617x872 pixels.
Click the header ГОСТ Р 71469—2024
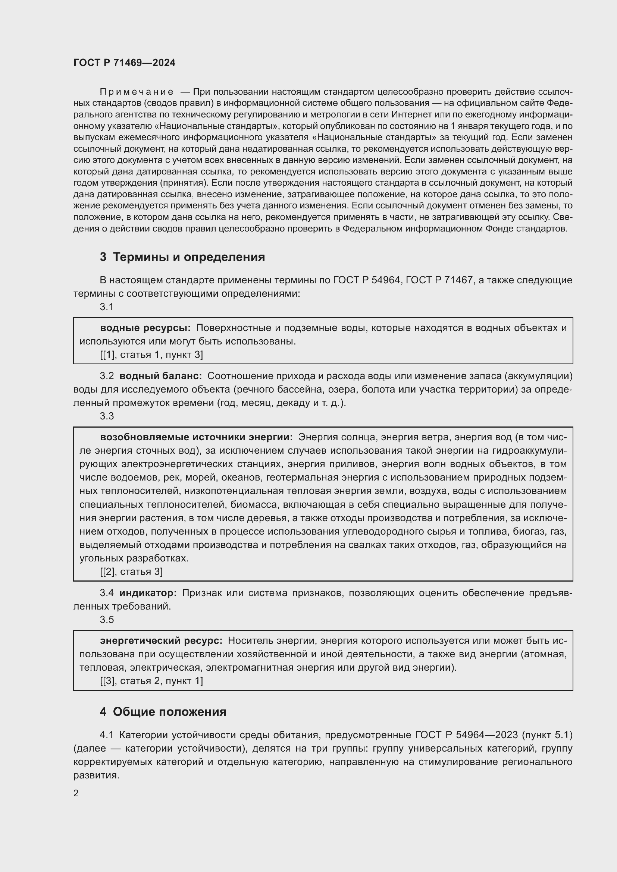point(124,63)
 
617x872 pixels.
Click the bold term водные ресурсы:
point(145,328)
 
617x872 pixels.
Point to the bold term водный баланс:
point(160,376)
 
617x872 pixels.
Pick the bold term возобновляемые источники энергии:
point(196,437)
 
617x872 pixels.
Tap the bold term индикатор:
point(148,593)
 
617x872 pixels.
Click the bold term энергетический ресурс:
point(161,641)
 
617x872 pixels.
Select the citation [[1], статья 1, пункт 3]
point(151,355)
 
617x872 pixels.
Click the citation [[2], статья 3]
point(131,572)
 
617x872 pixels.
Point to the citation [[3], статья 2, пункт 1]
point(151,681)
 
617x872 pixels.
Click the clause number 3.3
point(107,416)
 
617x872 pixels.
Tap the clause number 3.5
point(107,620)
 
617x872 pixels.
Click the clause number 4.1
point(107,735)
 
